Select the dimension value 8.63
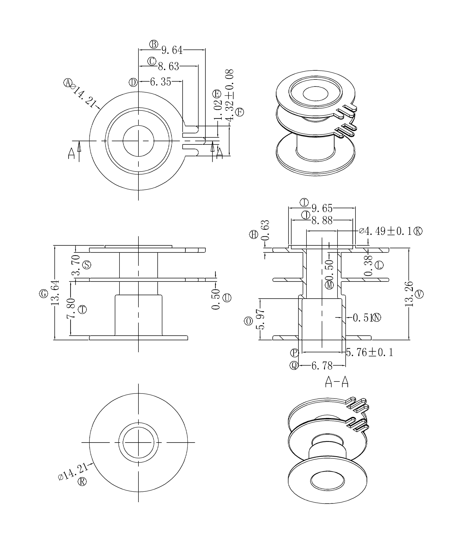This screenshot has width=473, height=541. pos(169,66)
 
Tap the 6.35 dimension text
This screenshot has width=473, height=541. pos(160,82)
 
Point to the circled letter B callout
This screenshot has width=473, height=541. pos(154,44)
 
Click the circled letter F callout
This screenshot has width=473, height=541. pos(239,112)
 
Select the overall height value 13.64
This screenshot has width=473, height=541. pos(55,293)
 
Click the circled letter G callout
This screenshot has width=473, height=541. pos(44,293)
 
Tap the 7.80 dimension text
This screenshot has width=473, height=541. pos(71,308)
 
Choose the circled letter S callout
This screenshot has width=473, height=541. pos(86,265)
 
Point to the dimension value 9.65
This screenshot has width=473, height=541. pos(322,208)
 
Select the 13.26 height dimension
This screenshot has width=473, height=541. pos(409,294)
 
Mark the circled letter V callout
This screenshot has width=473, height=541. pos(419,294)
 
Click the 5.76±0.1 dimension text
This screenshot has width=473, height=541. pos(370,352)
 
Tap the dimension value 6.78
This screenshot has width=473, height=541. pos(322,366)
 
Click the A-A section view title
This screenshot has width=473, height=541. pos(337,382)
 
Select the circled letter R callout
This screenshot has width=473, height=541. pos(82,482)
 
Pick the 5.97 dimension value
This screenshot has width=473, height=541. pos(260,319)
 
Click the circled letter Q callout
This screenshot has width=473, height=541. pos(294,366)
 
